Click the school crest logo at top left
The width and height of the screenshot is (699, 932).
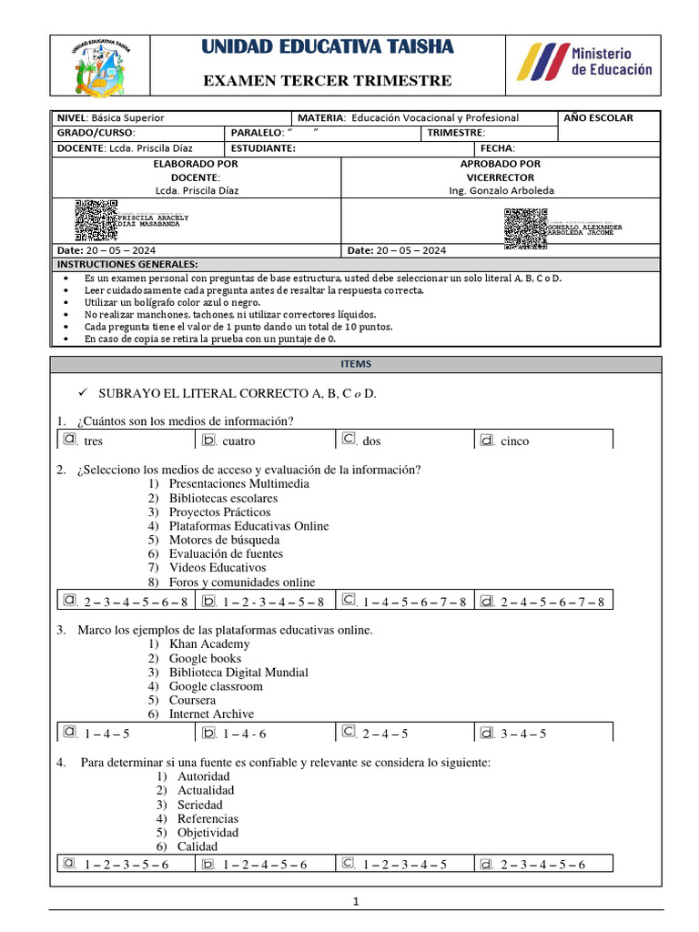click(98, 70)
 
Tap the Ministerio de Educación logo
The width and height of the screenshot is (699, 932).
click(584, 62)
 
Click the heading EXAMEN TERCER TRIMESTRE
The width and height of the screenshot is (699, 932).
click(327, 81)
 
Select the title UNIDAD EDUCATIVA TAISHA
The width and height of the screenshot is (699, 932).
click(327, 47)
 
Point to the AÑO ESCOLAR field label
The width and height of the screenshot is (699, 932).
click(598, 117)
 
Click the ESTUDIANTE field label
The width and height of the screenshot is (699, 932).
click(263, 148)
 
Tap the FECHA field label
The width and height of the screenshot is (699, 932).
click(498, 148)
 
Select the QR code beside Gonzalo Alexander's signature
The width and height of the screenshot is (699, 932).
click(525, 228)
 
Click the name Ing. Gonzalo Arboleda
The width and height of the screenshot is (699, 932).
click(501, 190)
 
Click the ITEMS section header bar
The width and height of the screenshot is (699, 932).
click(356, 364)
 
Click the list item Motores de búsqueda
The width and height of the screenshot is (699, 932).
click(224, 540)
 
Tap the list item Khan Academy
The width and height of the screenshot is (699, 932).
click(208, 643)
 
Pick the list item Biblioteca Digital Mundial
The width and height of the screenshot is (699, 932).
click(238, 672)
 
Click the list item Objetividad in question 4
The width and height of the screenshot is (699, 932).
click(208, 832)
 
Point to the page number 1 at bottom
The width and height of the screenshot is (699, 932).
click(357, 902)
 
